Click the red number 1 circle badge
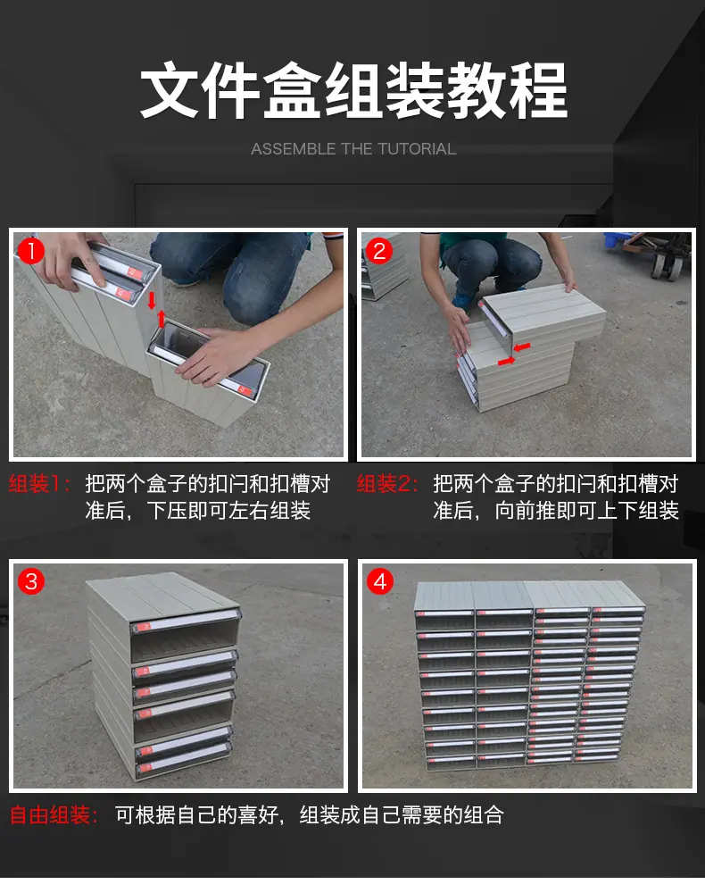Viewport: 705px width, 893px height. [31, 251]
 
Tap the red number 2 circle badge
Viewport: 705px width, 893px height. [379, 251]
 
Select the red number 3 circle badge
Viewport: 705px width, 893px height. [31, 581]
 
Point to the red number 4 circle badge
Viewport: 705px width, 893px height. [380, 581]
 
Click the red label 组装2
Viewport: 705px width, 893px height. [387, 484]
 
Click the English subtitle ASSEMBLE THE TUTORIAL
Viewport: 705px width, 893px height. [353, 149]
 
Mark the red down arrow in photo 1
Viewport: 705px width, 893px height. [152, 300]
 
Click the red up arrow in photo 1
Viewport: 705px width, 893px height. [162, 319]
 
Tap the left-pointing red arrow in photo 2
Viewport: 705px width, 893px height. [522, 346]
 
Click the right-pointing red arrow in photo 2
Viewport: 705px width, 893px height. [506, 361]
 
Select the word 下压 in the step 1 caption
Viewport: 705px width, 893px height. [167, 511]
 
